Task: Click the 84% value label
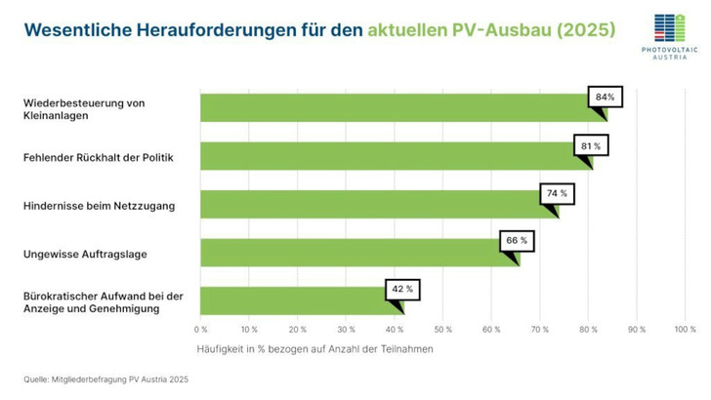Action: click(605, 98)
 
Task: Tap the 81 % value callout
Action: click(590, 145)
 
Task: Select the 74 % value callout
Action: click(557, 193)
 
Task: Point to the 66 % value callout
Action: click(517, 240)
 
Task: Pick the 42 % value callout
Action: click(401, 288)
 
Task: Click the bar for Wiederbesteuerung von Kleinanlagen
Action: click(391, 108)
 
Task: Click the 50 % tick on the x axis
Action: click(442, 330)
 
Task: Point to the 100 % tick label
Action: click(684, 330)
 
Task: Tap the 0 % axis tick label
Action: click(201, 330)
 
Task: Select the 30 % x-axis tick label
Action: click(346, 330)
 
